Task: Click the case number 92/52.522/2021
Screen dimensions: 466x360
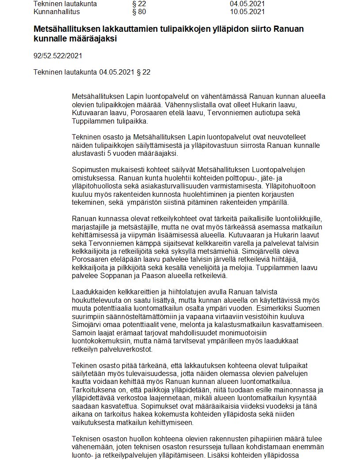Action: click(58, 56)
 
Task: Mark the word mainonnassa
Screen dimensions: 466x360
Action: click(288, 390)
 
